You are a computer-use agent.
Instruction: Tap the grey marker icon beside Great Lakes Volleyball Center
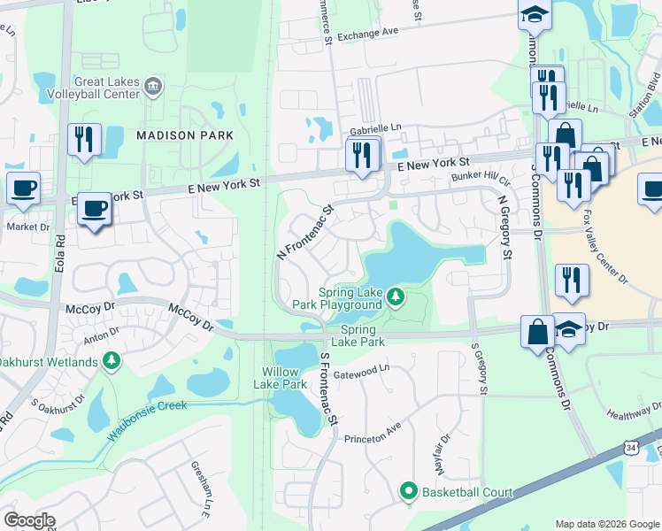[154, 85]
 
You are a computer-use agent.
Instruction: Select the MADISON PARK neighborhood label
[185, 135]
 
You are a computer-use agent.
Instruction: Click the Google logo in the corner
[29, 520]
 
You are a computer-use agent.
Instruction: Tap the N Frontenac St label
[304, 233]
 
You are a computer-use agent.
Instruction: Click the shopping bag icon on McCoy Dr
[537, 333]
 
